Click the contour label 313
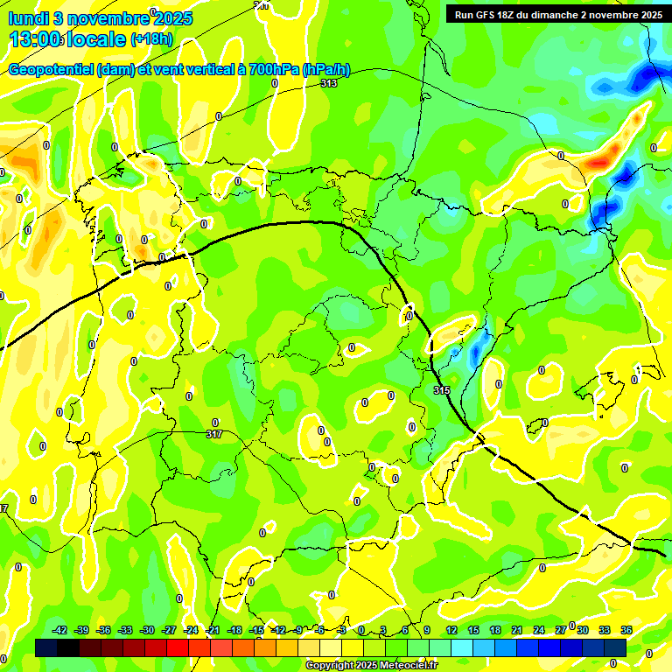(329, 83)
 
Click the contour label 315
(442, 390)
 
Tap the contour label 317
(214, 434)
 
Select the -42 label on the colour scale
(60, 630)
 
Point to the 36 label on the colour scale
(626, 630)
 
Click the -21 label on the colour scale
(213, 630)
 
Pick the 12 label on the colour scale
(451, 630)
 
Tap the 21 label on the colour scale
(517, 630)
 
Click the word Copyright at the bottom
(330, 666)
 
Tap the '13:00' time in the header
(35, 39)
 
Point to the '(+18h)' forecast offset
(151, 39)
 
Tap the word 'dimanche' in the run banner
(567, 14)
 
